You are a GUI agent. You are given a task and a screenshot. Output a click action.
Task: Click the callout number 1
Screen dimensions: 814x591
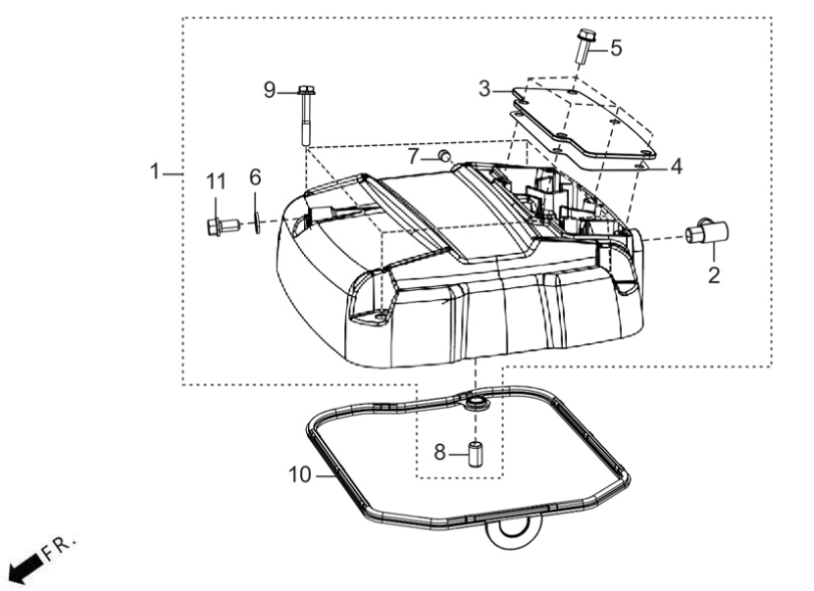coord(154,172)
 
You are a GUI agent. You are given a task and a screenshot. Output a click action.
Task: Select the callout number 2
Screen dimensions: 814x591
coord(714,275)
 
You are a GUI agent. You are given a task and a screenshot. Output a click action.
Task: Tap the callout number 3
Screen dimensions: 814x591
coord(484,89)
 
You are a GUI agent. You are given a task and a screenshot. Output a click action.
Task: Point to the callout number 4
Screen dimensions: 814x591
coord(676,167)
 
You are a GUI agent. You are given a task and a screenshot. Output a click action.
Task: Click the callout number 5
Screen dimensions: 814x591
coord(616,48)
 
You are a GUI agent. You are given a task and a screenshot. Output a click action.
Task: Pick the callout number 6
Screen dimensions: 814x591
coord(255,177)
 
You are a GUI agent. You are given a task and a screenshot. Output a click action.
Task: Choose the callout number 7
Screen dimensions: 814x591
coord(413,156)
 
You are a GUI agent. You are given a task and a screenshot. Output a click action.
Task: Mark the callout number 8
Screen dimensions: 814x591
coord(439,453)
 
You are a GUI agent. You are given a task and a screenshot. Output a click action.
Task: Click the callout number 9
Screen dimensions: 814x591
coord(270,90)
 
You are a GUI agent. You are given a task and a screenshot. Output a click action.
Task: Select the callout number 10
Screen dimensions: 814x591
coord(300,474)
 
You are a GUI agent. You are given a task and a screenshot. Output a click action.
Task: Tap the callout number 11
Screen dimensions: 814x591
coord(216,182)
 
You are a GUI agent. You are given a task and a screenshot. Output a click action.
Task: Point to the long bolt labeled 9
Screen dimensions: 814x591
coord(305,116)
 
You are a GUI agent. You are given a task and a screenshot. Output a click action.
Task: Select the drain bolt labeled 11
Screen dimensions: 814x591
coord(223,226)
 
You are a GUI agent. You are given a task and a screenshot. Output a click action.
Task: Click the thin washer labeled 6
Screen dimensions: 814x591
coord(256,222)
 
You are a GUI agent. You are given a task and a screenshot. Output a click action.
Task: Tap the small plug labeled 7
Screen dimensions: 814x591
coord(444,155)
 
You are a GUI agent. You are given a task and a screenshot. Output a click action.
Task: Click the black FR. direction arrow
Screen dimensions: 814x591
coord(25,567)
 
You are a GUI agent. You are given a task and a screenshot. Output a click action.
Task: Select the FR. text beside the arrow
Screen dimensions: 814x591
coord(59,548)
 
